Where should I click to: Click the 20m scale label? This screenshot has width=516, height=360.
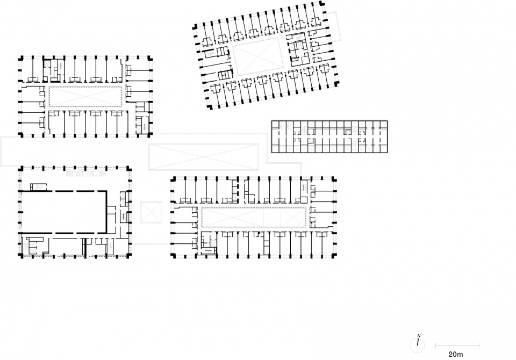455,355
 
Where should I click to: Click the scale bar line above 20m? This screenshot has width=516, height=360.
457,345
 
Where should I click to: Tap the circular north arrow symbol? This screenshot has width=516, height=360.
417,345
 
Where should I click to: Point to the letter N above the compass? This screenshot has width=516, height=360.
419,336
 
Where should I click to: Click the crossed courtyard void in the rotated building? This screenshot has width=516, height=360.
257,56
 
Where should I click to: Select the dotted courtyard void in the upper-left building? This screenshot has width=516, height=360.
85,96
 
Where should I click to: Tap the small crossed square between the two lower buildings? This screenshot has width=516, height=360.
151,212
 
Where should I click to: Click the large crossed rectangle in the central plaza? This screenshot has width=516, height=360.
204,157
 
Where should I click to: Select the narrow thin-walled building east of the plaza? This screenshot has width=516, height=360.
329,136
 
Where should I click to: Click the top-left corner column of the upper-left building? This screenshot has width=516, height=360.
20,59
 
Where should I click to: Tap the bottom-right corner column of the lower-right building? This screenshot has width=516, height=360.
334,255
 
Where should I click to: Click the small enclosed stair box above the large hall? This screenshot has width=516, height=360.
39,187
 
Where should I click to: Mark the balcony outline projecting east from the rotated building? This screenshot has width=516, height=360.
333,26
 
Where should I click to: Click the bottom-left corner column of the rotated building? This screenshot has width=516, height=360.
210,106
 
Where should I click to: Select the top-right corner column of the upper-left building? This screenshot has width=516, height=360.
150,59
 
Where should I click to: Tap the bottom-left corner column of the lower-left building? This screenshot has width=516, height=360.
20,256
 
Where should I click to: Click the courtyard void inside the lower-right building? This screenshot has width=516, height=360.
254,217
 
